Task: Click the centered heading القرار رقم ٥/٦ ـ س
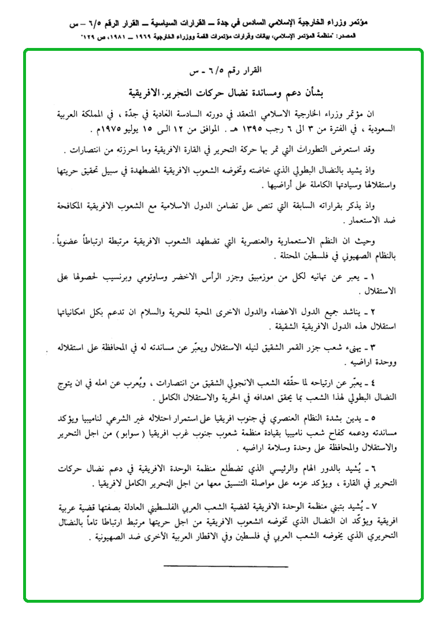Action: pos(226,72)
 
